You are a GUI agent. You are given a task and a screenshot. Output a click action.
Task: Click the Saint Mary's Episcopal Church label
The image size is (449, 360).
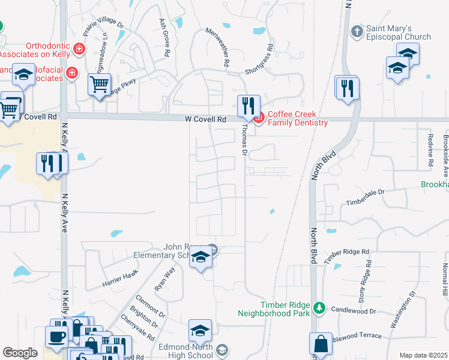399,32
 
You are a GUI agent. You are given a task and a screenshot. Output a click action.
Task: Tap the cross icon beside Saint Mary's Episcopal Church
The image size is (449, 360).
357,29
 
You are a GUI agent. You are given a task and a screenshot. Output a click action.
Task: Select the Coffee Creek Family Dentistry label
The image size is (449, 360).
298,118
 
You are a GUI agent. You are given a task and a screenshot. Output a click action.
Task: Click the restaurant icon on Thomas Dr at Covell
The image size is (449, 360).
248,106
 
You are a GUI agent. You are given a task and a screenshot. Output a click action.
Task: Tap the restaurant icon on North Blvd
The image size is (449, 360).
346,88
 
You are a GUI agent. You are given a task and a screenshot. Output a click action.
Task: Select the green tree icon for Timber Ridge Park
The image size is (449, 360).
320,308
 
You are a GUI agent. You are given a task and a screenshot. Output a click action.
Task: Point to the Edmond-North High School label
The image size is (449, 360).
185,350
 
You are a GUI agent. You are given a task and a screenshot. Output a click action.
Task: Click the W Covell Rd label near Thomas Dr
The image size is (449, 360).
205,119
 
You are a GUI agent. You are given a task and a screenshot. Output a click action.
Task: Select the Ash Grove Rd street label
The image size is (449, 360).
163,37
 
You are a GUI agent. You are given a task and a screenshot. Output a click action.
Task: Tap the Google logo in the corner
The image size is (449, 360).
20,353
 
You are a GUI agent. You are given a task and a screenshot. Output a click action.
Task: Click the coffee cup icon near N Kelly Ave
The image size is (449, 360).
58,337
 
